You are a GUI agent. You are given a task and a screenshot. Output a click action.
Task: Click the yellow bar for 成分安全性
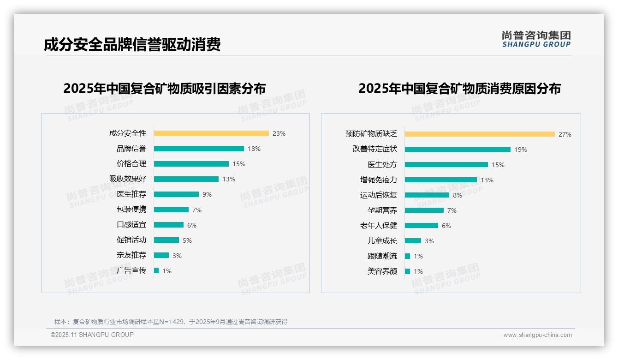click(x=211, y=133)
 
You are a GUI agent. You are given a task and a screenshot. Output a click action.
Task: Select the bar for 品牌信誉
click(x=199, y=149)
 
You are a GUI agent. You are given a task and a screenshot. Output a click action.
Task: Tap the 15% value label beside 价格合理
click(x=239, y=164)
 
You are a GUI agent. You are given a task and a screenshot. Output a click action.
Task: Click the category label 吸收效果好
click(x=128, y=179)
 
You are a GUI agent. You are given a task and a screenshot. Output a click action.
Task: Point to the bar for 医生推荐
click(x=176, y=194)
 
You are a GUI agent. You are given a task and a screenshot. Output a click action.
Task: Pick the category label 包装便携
click(x=131, y=210)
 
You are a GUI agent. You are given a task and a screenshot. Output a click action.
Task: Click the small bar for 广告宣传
click(x=156, y=270)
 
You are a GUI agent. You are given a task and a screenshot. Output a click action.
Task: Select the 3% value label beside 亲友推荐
click(x=177, y=256)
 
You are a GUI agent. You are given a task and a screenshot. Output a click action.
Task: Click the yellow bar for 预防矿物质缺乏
click(x=480, y=134)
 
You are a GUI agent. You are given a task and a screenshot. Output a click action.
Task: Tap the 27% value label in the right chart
click(x=565, y=134)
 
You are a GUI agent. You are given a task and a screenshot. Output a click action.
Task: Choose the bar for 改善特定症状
click(x=458, y=150)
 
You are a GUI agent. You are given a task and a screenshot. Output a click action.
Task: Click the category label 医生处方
click(x=382, y=165)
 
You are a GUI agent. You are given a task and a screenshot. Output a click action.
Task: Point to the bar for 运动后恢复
click(x=427, y=195)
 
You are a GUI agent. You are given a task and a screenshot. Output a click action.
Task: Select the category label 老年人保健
click(x=379, y=226)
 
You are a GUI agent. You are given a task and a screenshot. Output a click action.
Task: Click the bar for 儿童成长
click(x=413, y=241)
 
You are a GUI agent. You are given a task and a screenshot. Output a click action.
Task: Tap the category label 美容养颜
click(x=382, y=271)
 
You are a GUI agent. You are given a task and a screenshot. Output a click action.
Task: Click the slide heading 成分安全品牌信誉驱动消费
click(x=132, y=44)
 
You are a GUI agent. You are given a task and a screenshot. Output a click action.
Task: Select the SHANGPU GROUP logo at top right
click(x=536, y=39)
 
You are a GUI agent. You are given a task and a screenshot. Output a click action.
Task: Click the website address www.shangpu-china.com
click(x=537, y=335)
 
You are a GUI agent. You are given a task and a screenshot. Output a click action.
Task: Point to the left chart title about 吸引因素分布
click(x=165, y=88)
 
